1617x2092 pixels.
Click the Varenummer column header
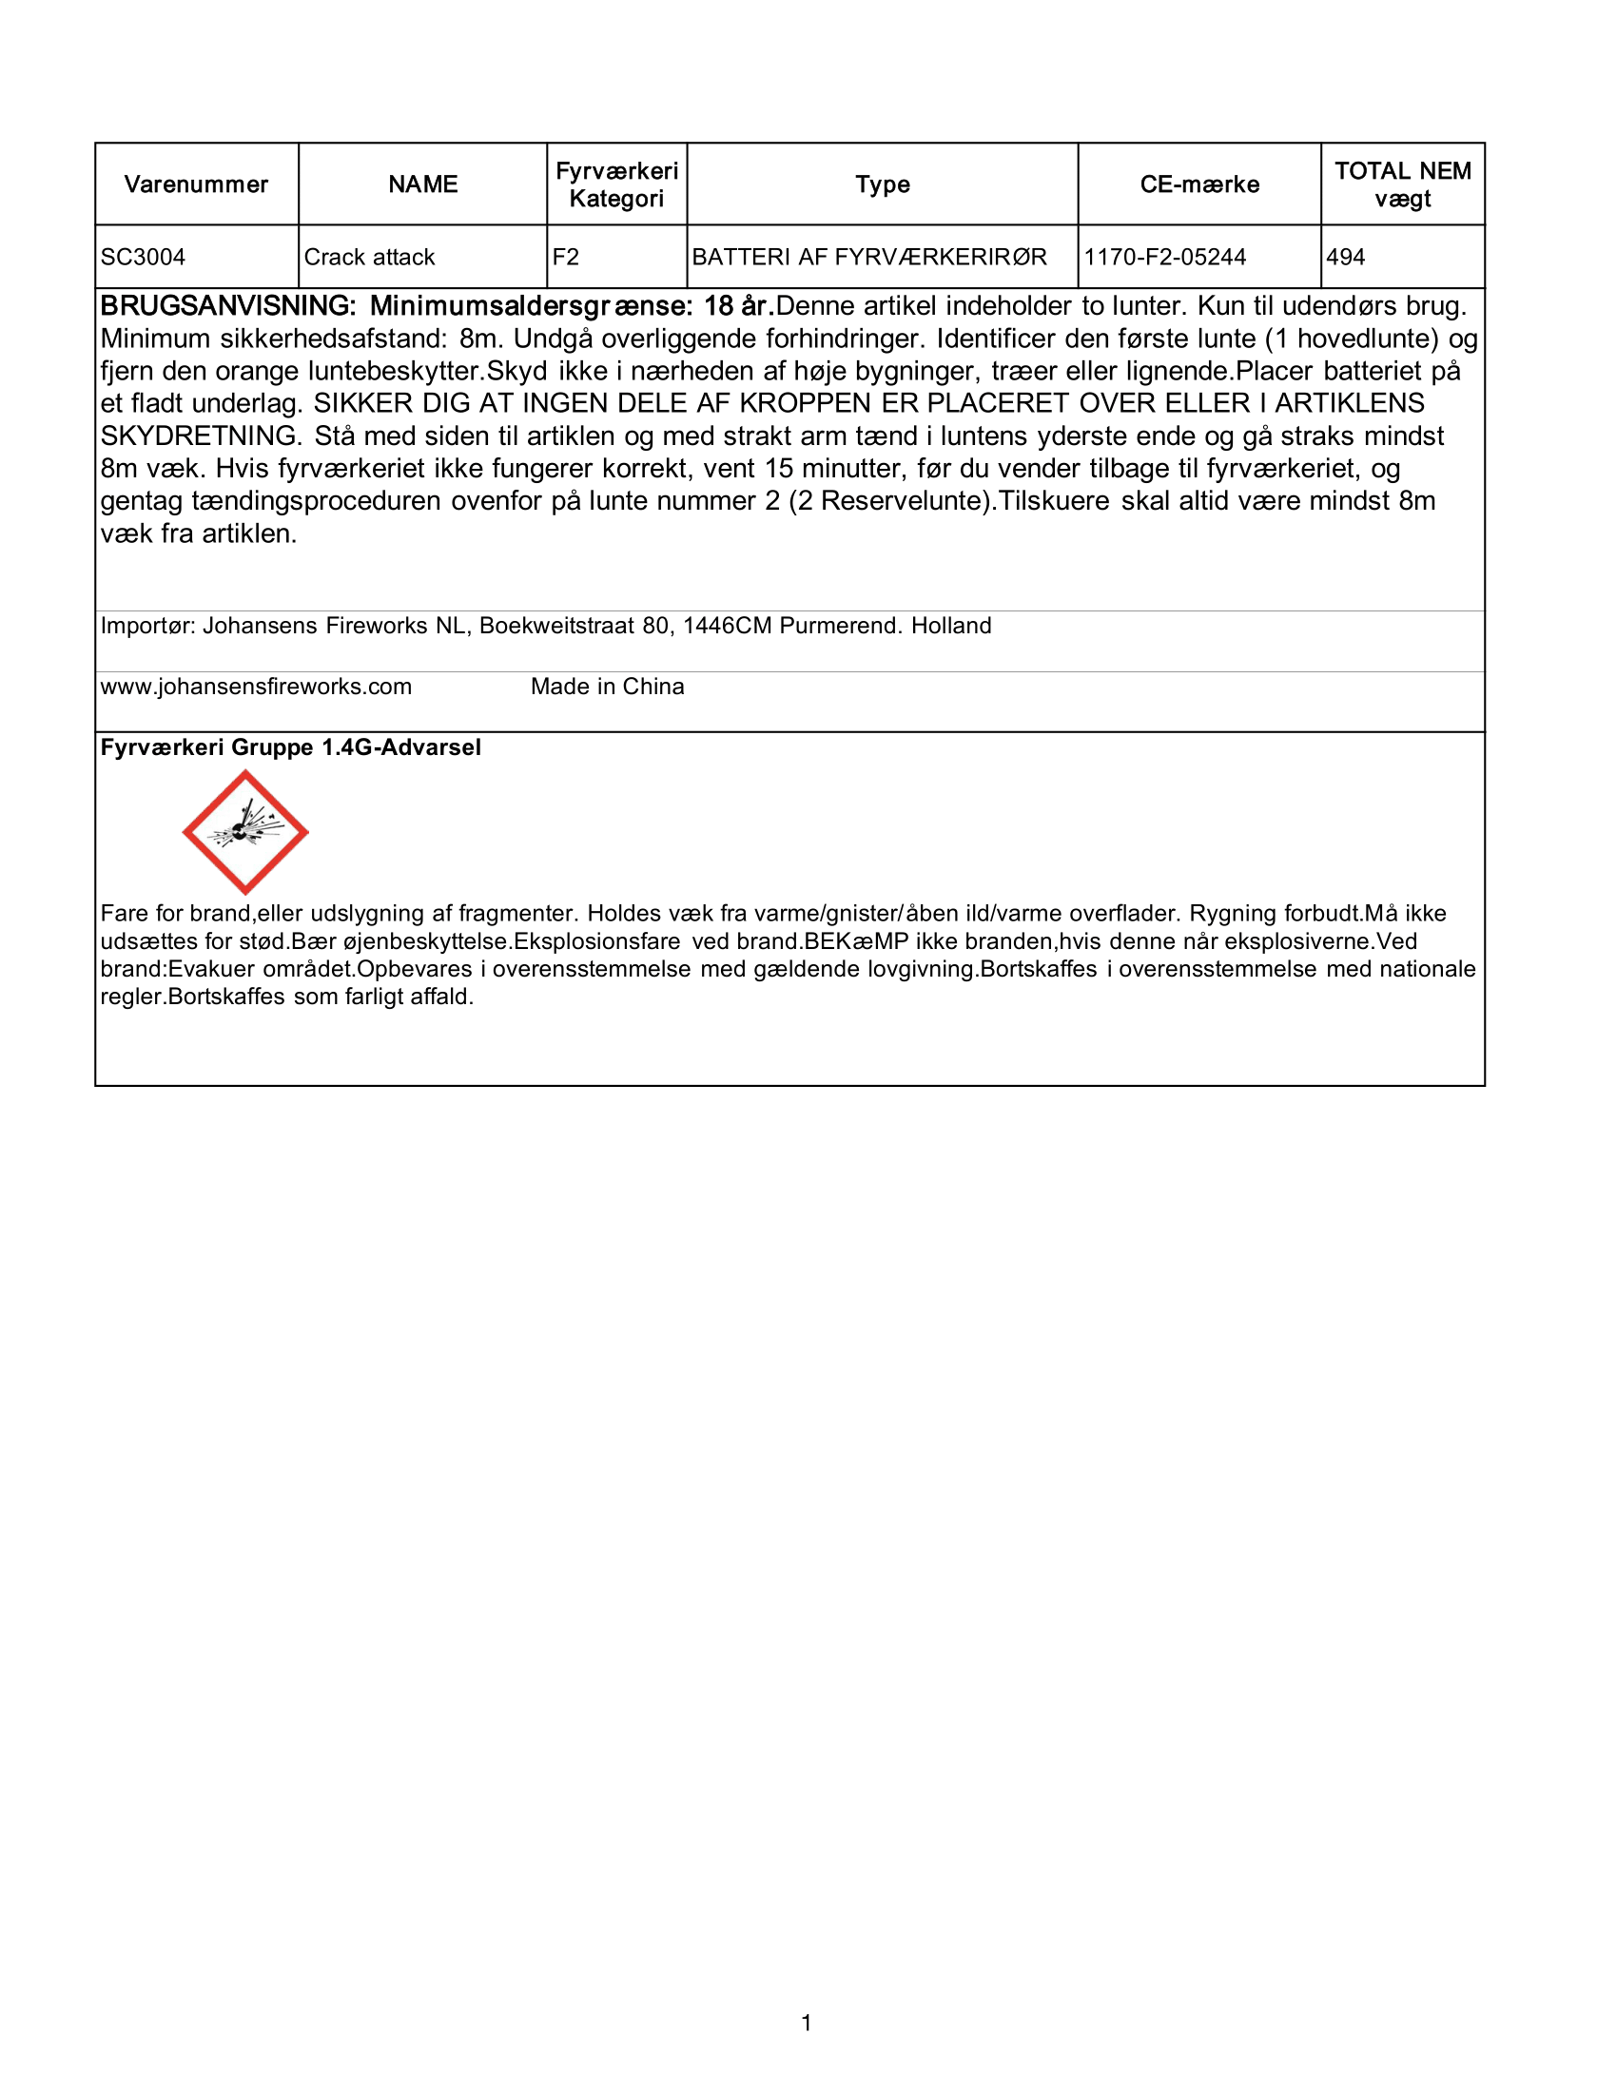tap(196, 184)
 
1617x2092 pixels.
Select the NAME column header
tap(422, 184)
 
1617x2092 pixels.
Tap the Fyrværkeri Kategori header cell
tap(617, 184)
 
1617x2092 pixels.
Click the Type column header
tap(883, 184)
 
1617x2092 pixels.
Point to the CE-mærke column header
tap(1199, 184)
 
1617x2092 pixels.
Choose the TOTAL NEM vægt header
tap(1402, 184)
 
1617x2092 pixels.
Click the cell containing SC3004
tap(144, 258)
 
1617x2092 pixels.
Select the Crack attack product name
tap(370, 258)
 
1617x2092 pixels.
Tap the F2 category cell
tap(566, 258)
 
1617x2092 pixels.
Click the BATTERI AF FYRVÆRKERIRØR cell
tap(868, 258)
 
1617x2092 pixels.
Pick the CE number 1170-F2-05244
tap(1165, 258)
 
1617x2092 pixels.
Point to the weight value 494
tap(1346, 258)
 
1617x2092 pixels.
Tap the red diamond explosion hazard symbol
tap(245, 832)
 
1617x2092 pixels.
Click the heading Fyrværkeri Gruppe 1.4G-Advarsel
tap(290, 748)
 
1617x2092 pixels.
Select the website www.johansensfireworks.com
tap(256, 687)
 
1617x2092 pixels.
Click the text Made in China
tap(608, 687)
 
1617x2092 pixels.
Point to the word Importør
tap(147, 627)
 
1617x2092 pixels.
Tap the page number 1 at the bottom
tap(807, 2024)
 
